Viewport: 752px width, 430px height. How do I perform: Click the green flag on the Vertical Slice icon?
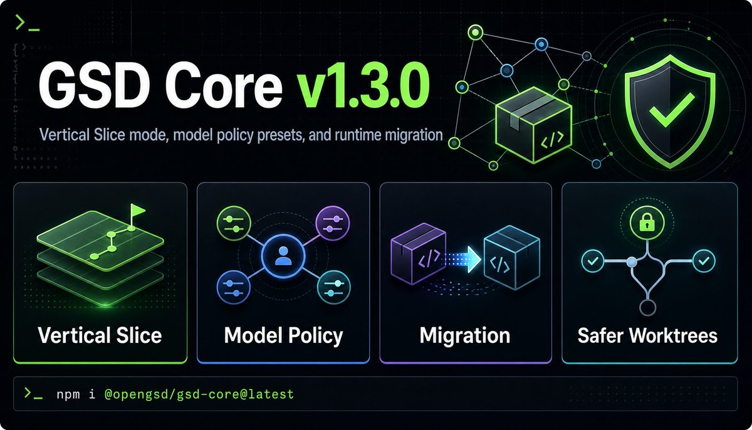tap(137, 211)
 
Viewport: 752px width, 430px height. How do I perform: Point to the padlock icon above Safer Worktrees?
tap(647, 223)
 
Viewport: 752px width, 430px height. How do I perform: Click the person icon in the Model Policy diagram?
tap(283, 256)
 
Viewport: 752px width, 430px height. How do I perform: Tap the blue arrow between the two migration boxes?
tap(464, 259)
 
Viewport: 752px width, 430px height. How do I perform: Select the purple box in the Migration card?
tap(419, 253)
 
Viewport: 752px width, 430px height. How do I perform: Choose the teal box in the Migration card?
tap(511, 258)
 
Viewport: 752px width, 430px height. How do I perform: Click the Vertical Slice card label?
tap(100, 335)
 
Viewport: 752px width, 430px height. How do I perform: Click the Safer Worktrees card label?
tap(647, 335)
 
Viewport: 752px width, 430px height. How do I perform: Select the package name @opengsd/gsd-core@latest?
tap(199, 394)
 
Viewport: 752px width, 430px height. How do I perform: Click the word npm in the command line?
tap(68, 394)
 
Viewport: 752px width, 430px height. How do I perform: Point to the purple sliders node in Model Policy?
tap(333, 223)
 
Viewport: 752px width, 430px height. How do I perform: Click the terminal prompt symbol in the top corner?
tap(28, 23)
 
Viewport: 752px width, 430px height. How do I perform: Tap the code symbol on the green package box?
tap(552, 140)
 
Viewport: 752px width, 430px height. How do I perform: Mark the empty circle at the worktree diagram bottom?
tap(647, 308)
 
